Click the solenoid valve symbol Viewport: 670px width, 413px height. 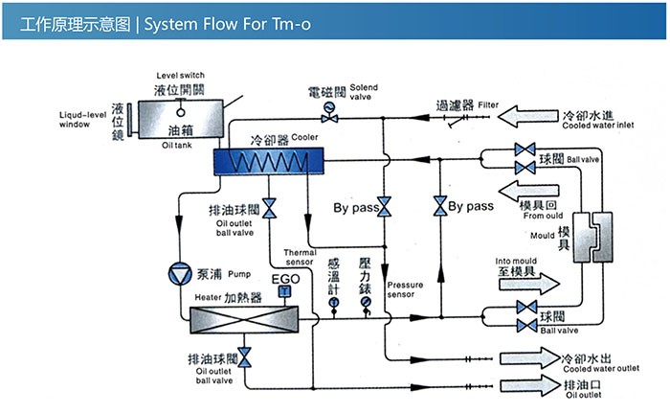[x=330, y=107]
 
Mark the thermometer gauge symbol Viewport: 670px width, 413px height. [x=333, y=302]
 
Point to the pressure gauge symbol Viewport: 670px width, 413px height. [x=365, y=302]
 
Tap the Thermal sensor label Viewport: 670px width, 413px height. [x=300, y=258]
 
